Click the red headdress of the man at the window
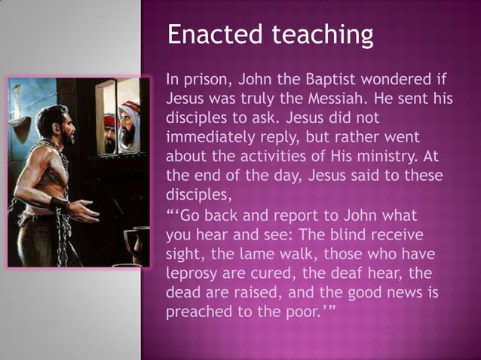[109, 119]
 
